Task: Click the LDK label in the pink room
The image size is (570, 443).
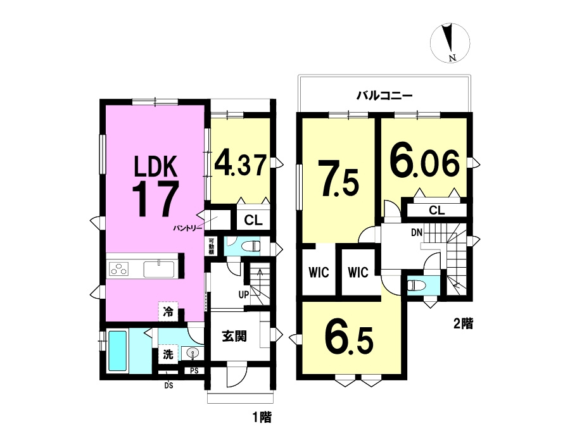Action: coord(156,166)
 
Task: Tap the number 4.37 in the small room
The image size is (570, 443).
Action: coord(241,165)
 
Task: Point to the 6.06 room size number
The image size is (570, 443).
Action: coord(425,163)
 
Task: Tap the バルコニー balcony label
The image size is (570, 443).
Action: coord(384,96)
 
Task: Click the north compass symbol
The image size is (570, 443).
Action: coord(450,42)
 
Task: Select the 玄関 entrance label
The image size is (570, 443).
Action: coord(234,336)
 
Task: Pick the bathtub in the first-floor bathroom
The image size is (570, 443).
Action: coord(117,351)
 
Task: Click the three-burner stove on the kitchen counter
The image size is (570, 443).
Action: coord(120,270)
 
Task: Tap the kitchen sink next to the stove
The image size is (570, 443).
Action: coord(158,270)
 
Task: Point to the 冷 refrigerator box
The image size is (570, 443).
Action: coord(168,311)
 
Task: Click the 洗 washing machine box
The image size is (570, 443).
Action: coord(168,354)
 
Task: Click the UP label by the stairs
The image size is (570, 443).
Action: coord(244,294)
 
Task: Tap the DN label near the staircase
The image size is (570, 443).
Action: coord(417,232)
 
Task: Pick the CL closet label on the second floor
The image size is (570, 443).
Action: coord(436,210)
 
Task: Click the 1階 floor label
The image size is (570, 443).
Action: coord(262,417)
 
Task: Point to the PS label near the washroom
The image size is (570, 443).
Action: coord(194,371)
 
